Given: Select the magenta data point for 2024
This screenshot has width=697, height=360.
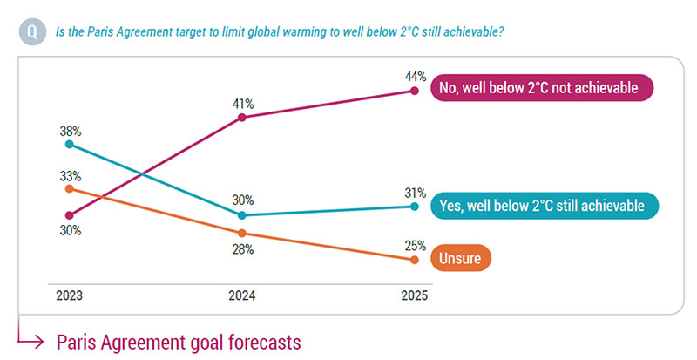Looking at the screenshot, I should tap(242, 118).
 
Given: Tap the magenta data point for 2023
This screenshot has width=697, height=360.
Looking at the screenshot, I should tap(70, 214).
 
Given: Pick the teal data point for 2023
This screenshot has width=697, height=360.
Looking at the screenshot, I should tap(70, 145).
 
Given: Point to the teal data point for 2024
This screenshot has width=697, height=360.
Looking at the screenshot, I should tap(242, 214).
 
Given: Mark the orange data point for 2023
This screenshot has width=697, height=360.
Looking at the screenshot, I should tap(70, 187).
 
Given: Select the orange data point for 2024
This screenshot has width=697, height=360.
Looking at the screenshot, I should tap(242, 233).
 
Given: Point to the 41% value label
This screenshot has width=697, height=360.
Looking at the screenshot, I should tap(242, 103).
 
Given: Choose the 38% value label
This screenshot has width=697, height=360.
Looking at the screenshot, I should tap(70, 131).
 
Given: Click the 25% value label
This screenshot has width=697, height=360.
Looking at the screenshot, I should tap(415, 245).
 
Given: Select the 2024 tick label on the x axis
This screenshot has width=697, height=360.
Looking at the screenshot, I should tap(242, 296).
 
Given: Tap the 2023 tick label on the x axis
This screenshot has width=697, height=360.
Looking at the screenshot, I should tap(70, 296).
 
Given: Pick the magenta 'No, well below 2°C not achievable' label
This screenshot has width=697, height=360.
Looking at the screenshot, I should tap(541, 88).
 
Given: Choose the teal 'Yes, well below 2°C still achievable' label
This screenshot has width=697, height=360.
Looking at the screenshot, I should tap(543, 206).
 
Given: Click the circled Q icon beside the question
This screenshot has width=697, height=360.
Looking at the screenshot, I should tap(31, 32).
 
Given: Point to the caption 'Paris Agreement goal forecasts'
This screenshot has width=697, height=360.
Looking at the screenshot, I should tap(179, 342).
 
